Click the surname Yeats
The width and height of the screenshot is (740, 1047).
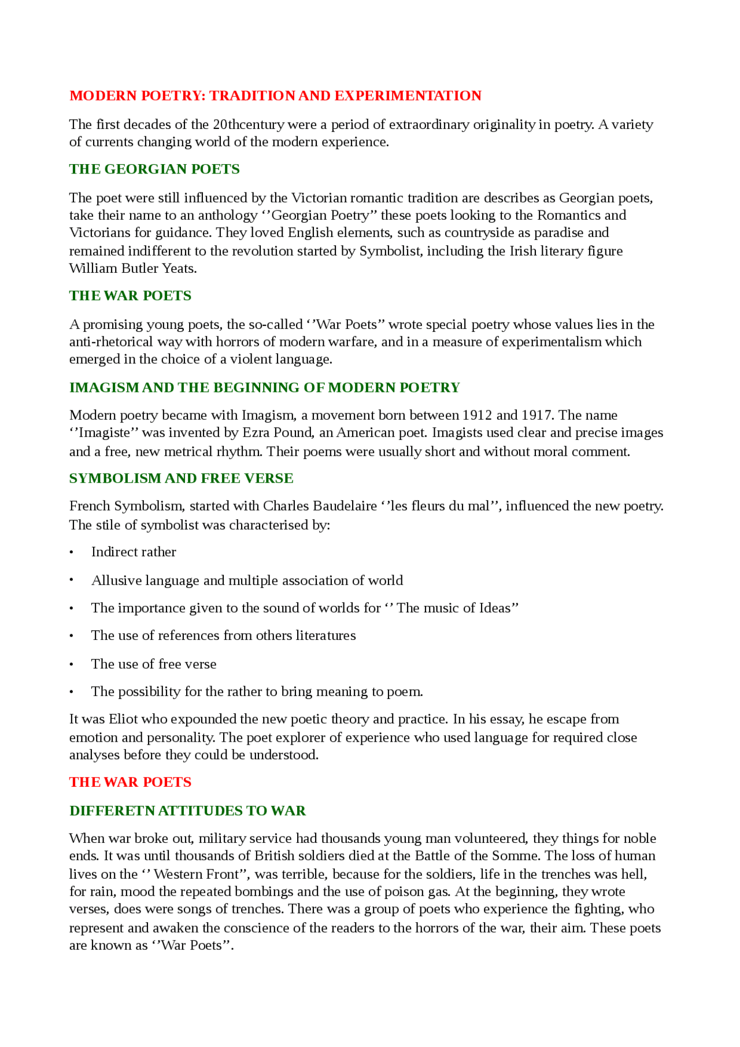179,269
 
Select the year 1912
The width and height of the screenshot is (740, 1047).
477,416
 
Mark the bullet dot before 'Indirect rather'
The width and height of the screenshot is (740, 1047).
72,553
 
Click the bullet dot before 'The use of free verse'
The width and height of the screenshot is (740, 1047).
72,665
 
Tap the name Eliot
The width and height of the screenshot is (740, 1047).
123,719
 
